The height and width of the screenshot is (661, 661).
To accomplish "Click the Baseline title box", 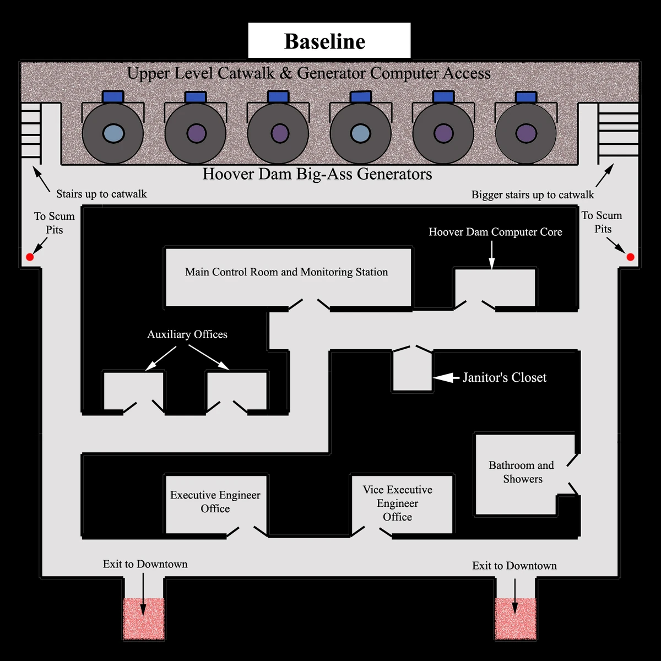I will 329,41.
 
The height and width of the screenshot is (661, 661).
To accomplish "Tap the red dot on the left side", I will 30,257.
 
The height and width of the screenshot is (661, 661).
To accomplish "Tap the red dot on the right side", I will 630,257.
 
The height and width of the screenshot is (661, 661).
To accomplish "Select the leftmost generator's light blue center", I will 112,133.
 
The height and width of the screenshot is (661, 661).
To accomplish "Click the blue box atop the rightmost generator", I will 526,97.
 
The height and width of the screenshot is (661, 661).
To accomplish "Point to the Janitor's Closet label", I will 504,377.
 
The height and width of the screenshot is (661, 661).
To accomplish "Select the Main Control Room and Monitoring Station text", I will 286,272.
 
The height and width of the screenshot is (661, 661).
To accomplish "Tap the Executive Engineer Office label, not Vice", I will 215,501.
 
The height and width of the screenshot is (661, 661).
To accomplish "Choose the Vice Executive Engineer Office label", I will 397,503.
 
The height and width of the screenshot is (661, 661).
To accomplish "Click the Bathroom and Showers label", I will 522,472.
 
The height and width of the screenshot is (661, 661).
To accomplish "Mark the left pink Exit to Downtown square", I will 143,618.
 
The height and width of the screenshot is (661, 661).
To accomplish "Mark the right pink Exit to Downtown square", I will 516,619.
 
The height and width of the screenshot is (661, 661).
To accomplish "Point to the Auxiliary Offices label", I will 187,334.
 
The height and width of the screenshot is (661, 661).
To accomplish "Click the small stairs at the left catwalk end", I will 31,132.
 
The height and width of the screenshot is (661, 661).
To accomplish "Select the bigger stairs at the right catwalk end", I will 618,132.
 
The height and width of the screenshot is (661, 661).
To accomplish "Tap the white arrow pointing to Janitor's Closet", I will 446,377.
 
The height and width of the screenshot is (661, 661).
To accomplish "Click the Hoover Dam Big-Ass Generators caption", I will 317,174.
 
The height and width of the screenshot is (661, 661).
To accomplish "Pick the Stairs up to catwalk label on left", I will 101,194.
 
